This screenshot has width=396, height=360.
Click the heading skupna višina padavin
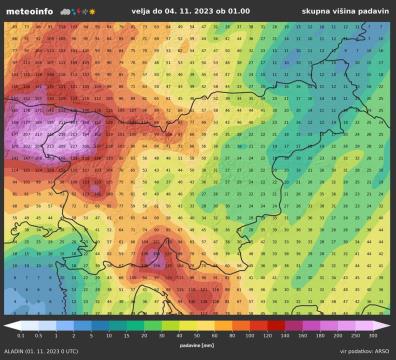pyautogui.click(x=345, y=11)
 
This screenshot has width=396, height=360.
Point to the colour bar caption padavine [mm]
pyautogui.click(x=197, y=343)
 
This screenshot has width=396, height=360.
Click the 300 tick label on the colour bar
pyautogui.click(x=372, y=336)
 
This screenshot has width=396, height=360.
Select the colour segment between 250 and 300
pyautogui.click(x=363, y=325)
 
